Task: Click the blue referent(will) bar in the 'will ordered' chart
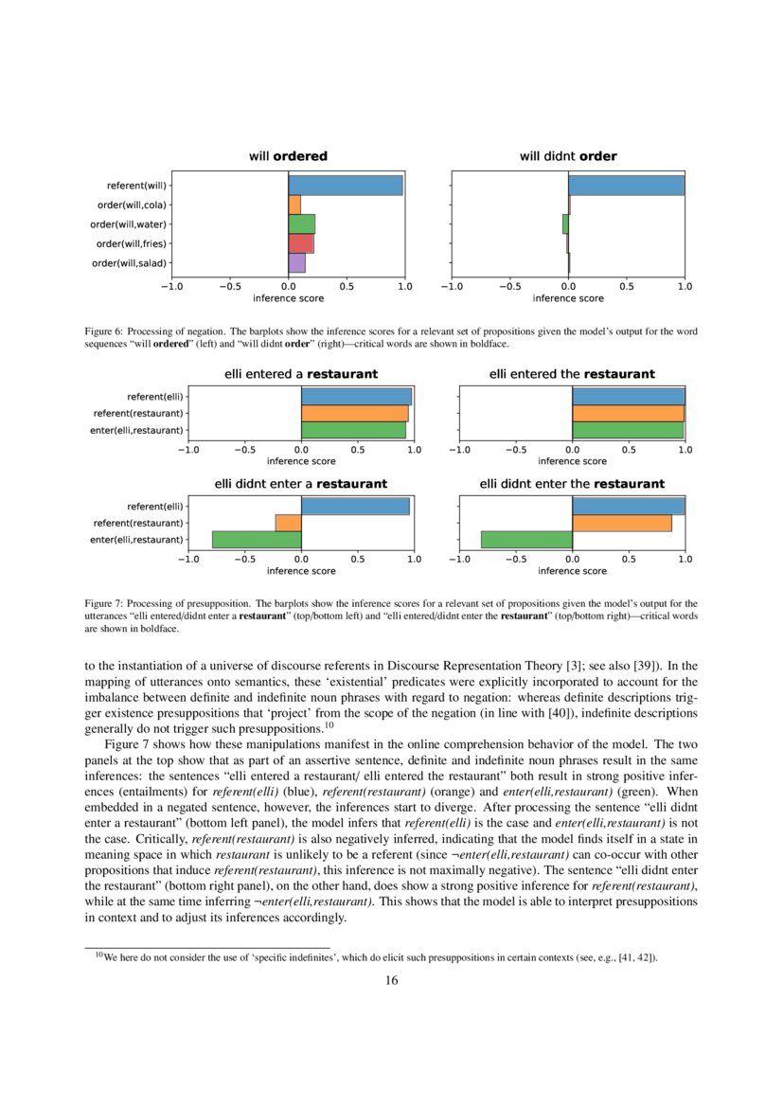pos(346,186)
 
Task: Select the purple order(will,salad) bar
pos(296,263)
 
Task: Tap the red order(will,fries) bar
pos(300,243)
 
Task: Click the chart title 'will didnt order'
pos(568,156)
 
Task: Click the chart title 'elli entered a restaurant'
pos(300,374)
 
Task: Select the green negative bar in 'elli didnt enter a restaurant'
pos(257,540)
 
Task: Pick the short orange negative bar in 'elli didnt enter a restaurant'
pos(288,523)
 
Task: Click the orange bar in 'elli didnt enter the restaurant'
pos(621,523)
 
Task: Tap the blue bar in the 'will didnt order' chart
pos(626,186)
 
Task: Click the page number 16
pos(391,980)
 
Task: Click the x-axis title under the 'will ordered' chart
pos(288,298)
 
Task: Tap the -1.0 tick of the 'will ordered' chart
pos(172,285)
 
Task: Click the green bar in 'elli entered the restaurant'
pos(627,430)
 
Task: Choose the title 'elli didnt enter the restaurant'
pos(572,484)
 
